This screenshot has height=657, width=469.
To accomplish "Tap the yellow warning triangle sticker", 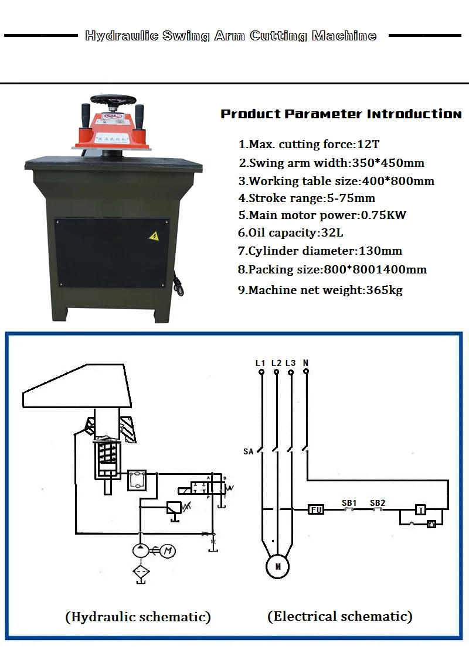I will click(x=154, y=236).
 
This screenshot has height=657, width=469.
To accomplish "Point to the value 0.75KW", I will click(x=383, y=215).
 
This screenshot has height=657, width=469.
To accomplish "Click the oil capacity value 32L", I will click(x=332, y=232).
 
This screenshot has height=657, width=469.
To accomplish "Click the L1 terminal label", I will click(x=261, y=363).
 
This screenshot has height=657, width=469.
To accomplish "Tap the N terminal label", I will click(x=305, y=363).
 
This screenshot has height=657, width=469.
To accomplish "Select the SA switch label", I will click(x=249, y=451).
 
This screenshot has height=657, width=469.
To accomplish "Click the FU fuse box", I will click(x=316, y=510).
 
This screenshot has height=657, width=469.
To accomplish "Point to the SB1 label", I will click(x=349, y=502).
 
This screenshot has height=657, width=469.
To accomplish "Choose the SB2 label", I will click(x=378, y=502).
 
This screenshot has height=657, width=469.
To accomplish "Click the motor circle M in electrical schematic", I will click(x=278, y=566).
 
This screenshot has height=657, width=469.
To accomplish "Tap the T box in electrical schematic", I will click(x=420, y=509).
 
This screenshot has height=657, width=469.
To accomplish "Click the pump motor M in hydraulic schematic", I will click(x=168, y=550).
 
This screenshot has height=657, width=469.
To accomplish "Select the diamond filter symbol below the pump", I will click(x=140, y=573).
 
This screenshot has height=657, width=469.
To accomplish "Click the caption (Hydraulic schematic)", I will click(x=138, y=617).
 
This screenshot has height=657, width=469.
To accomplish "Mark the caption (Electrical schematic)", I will click(x=340, y=616).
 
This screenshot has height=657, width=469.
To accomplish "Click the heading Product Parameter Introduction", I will click(x=341, y=114).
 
